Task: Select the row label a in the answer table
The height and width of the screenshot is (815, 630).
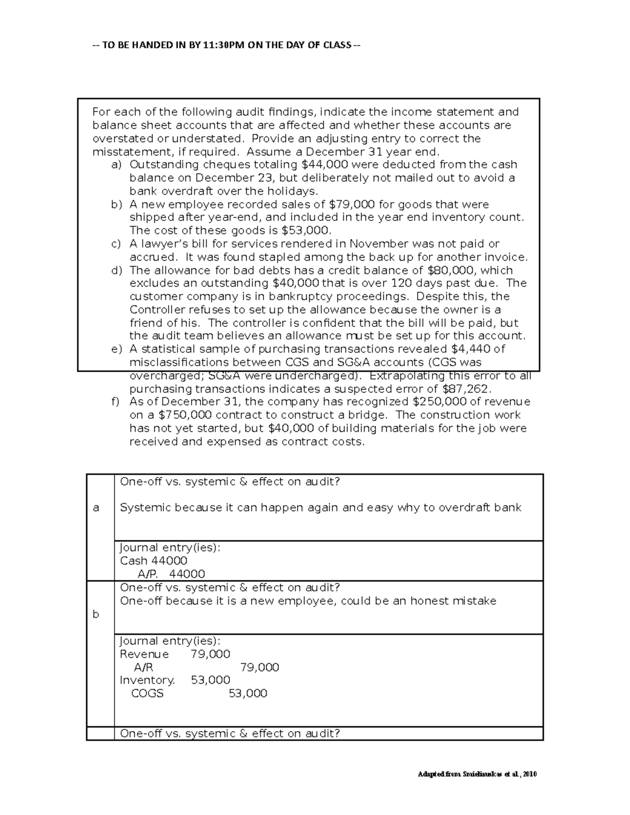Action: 96,507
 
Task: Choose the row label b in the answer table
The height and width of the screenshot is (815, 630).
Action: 96,614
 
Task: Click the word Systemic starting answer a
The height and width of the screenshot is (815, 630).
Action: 145,507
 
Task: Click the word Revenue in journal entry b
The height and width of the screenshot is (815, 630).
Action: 144,654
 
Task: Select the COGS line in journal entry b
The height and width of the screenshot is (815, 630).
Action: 148,693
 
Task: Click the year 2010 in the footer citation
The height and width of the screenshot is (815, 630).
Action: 530,774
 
